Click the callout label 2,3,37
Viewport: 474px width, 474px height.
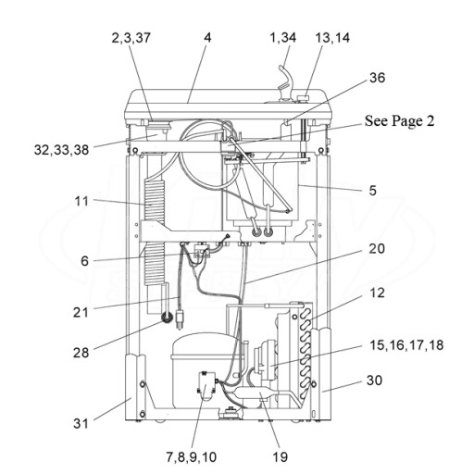[x=131, y=38]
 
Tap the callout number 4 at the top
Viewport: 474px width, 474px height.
[x=207, y=38]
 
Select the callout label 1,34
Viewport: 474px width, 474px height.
[x=282, y=38]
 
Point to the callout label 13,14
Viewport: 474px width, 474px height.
[x=332, y=38]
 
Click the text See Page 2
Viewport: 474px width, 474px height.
[x=399, y=120]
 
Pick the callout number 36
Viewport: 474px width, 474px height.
[x=377, y=78]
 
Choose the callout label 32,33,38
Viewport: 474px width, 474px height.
[x=61, y=150]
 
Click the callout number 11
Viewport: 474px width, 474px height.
[x=81, y=202]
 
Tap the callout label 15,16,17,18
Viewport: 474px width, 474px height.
[x=406, y=345]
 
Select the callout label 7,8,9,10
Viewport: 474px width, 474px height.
[x=192, y=457]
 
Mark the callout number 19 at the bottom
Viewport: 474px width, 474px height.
[x=280, y=457]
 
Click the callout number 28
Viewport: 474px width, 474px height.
[x=81, y=353]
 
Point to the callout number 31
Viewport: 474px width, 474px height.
[x=81, y=423]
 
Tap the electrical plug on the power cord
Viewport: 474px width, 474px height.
[x=180, y=320]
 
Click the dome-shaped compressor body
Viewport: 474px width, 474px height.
[x=206, y=368]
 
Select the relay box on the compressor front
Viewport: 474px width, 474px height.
[x=206, y=386]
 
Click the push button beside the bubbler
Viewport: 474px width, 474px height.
[x=303, y=98]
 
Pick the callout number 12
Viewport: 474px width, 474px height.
[x=377, y=293]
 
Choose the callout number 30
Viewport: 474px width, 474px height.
[x=374, y=380]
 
